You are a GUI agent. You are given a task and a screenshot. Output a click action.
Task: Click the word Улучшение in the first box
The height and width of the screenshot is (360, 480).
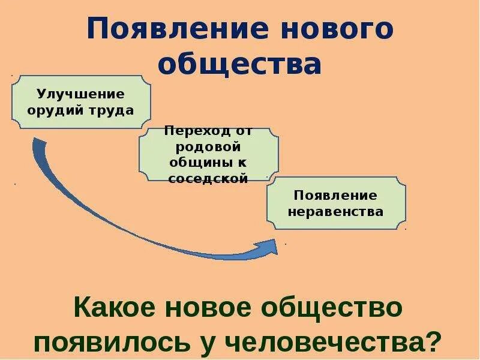[x=80, y=94]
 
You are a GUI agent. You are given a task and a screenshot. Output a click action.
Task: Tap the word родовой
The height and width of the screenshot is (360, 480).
[x=208, y=147]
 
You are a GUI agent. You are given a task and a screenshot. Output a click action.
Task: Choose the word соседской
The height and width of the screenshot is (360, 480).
[x=208, y=178]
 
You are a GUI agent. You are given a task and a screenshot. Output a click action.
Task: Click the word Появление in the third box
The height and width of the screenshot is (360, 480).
[x=335, y=196]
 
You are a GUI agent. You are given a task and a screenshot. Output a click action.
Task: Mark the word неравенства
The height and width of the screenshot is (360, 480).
[x=335, y=212]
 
